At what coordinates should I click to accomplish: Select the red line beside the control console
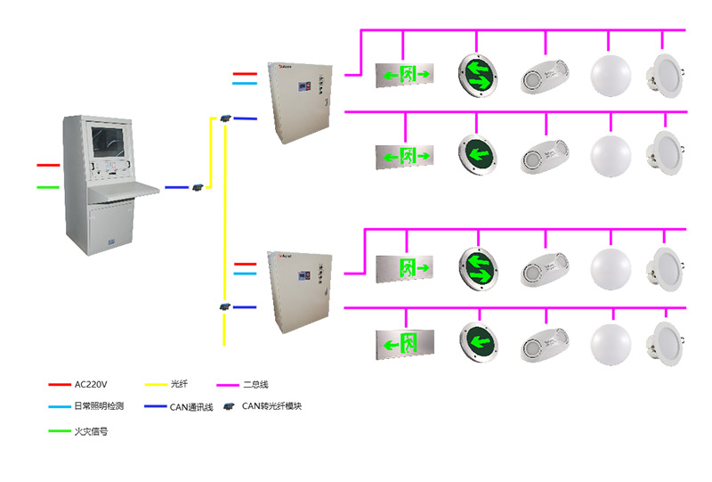tap(48, 165)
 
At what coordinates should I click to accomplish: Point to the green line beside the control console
tap(48, 187)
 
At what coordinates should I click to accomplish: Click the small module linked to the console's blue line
tap(198, 186)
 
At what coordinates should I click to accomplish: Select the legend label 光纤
tap(181, 384)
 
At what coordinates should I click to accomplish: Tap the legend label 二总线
tap(255, 384)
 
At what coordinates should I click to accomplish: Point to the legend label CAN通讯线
tap(191, 407)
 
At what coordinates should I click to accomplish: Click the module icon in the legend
tap(229, 407)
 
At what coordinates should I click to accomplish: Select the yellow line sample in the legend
tap(156, 385)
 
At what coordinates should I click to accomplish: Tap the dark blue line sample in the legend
tap(156, 408)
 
